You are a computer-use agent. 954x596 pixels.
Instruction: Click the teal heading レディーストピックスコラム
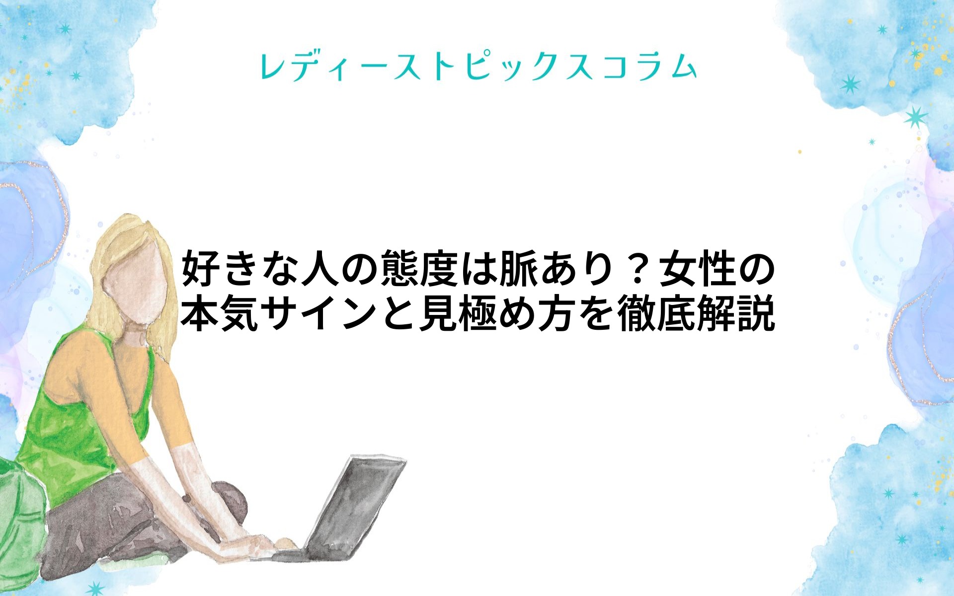(x=478, y=67)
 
